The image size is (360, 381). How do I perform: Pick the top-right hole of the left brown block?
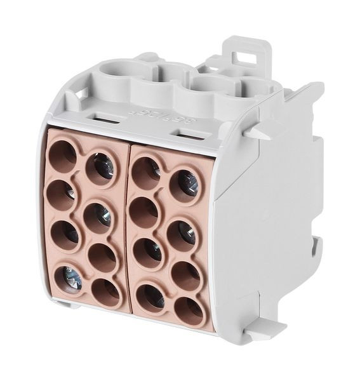pyautogui.click(x=100, y=168)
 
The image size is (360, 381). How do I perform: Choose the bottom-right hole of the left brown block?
pyautogui.click(x=104, y=293)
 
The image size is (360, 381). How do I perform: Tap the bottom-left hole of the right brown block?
pyautogui.click(x=151, y=295)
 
